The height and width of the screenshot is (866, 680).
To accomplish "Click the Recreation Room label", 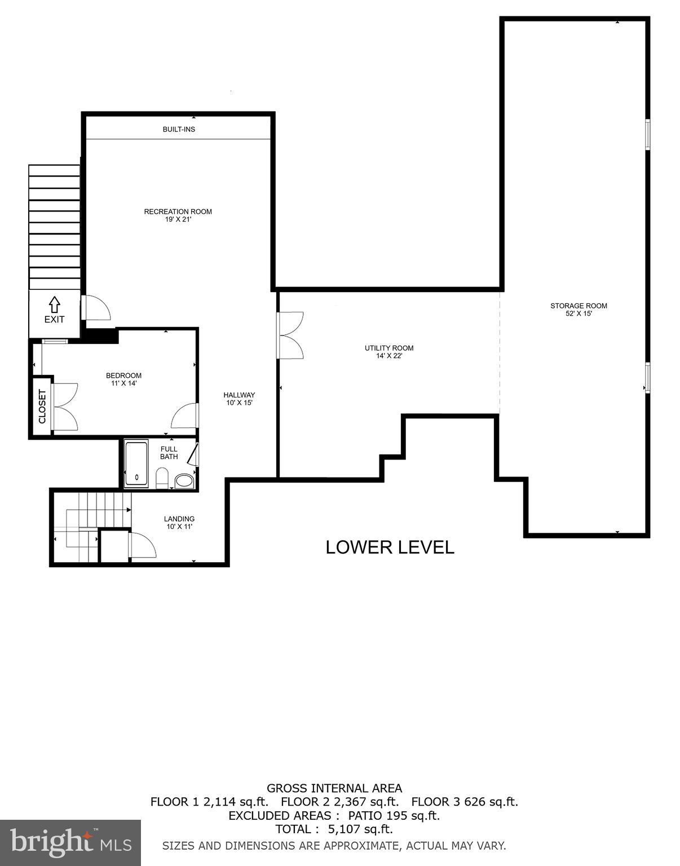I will pyautogui.click(x=178, y=215).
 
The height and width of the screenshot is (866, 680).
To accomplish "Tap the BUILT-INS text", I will pyautogui.click(x=179, y=130).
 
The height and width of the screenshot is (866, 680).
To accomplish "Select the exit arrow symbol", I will pyautogui.click(x=54, y=304).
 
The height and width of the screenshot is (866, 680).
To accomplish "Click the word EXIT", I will pyautogui.click(x=54, y=319).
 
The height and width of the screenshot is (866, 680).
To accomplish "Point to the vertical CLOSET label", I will pyautogui.click(x=42, y=406).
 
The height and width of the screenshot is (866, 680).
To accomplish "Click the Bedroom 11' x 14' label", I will pyautogui.click(x=123, y=379).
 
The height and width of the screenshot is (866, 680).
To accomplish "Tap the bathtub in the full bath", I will pyautogui.click(x=136, y=463).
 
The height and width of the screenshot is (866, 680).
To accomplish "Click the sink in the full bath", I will pyautogui.click(x=183, y=481).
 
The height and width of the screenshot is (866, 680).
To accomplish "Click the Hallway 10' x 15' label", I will pyautogui.click(x=239, y=399).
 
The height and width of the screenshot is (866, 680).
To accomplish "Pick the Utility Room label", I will pyautogui.click(x=389, y=352).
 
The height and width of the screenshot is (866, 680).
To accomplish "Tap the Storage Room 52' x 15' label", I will pyautogui.click(x=579, y=310).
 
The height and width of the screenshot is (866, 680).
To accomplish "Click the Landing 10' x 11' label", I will pyautogui.click(x=179, y=523).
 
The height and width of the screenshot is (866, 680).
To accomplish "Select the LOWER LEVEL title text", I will pyautogui.click(x=390, y=547).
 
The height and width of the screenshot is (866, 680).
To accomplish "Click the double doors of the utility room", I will pyautogui.click(x=290, y=335).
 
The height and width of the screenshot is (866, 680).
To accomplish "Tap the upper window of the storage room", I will pyautogui.click(x=647, y=134).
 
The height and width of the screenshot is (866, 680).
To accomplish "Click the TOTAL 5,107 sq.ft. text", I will pyautogui.click(x=334, y=829).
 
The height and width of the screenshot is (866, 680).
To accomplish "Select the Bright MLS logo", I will pyautogui.click(x=70, y=843).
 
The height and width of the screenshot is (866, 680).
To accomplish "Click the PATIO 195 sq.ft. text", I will pyautogui.click(x=394, y=815).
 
